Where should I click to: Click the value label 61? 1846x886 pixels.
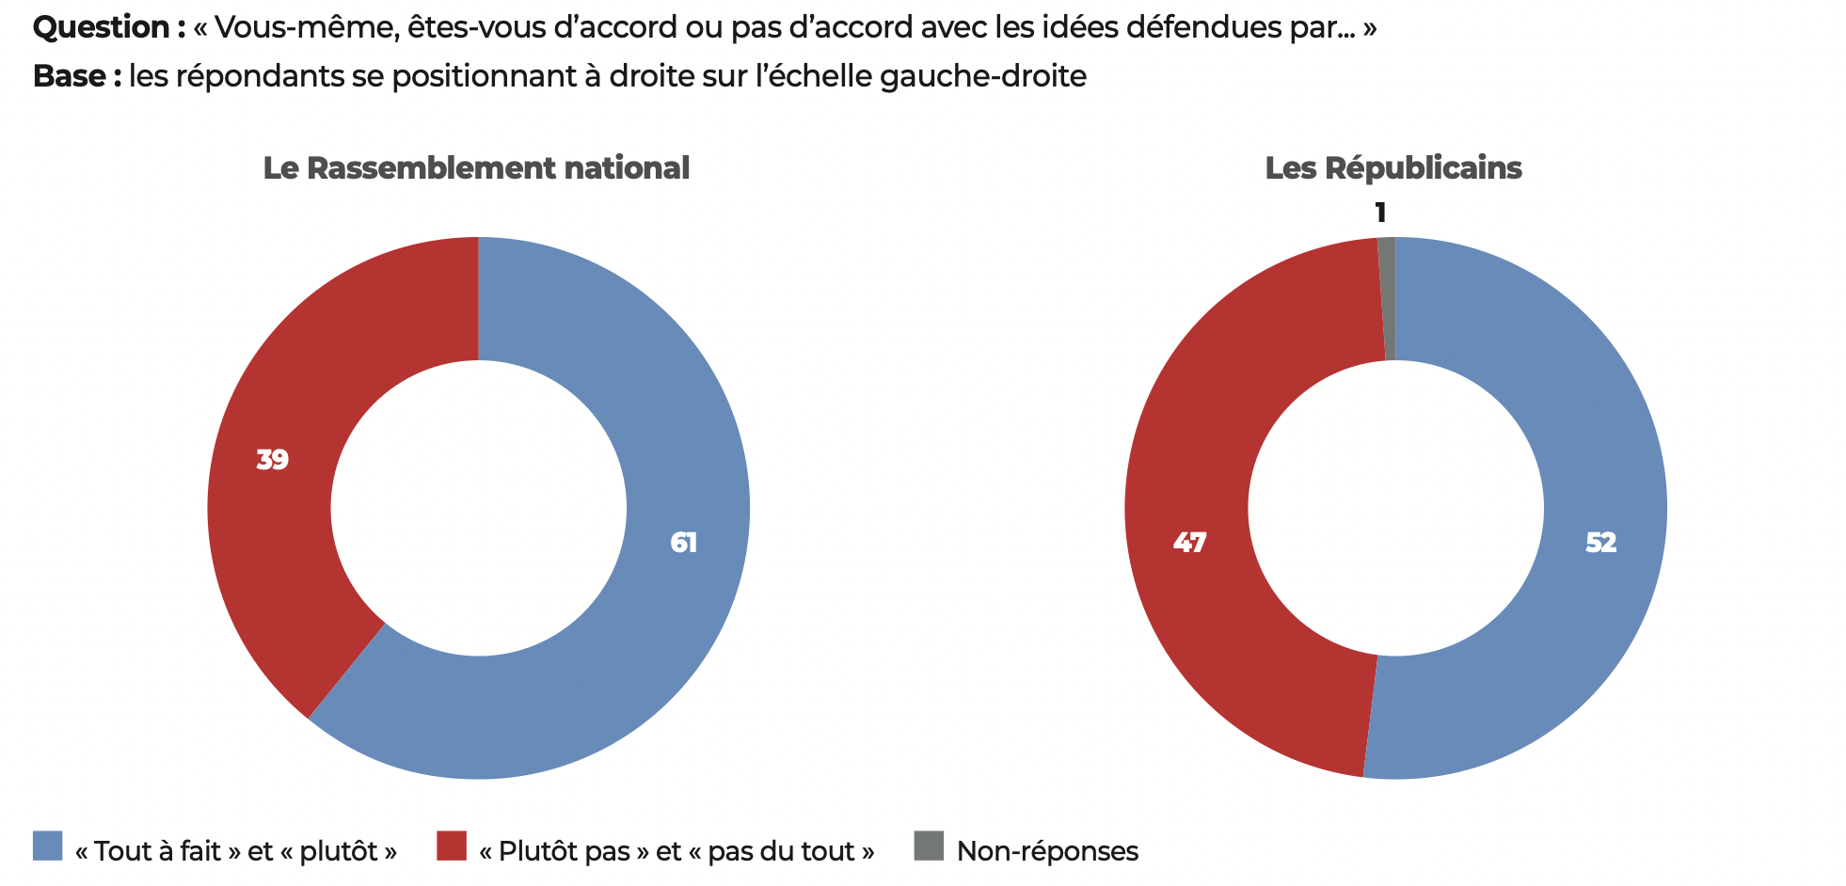coord(684,543)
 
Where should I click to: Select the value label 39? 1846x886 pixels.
coord(273,460)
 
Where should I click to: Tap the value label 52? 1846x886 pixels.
coord(1600,543)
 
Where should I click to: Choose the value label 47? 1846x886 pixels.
coord(1189,543)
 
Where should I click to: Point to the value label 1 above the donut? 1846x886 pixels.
coord(1380,213)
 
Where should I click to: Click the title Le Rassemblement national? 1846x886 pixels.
coord(476,168)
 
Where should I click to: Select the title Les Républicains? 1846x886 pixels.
coord(1392,168)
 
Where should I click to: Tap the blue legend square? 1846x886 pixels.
coord(48,846)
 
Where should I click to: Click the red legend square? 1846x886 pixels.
coord(452,846)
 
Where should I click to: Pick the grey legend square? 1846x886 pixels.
coord(929,846)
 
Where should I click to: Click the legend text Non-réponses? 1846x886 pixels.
coord(1047,851)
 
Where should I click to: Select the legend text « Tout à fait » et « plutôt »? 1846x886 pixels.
coord(235,851)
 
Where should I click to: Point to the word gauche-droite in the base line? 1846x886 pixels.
coord(983,76)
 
